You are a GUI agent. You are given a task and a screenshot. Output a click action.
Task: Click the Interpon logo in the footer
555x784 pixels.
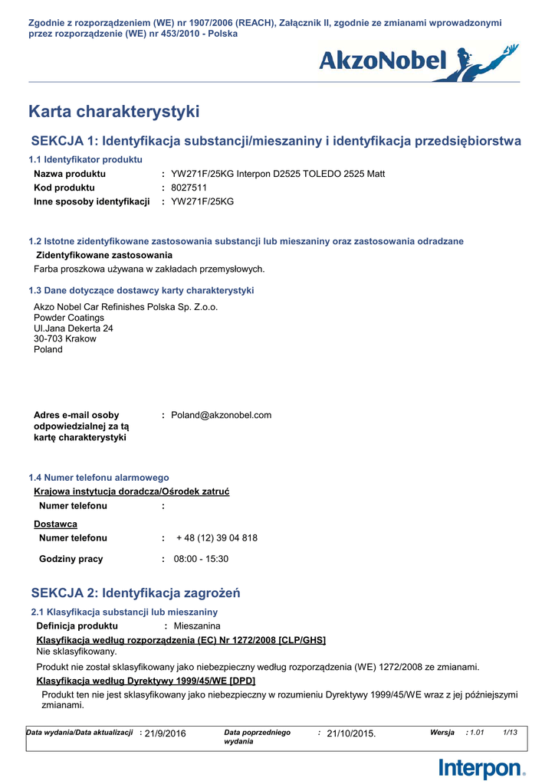click(x=482, y=767)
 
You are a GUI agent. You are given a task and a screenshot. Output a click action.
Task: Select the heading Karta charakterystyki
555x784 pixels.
click(x=113, y=112)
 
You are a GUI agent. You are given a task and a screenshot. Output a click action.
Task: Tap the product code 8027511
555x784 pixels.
click(x=189, y=188)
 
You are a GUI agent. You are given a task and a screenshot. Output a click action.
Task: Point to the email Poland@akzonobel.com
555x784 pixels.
click(x=221, y=416)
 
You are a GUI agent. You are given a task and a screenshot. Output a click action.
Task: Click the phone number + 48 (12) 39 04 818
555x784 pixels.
click(x=217, y=538)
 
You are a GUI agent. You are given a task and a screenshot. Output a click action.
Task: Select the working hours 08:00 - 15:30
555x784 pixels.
click(x=201, y=560)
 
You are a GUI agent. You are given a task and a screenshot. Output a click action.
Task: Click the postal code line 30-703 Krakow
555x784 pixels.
click(x=65, y=339)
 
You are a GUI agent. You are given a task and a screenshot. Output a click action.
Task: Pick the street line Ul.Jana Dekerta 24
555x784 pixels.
click(x=74, y=328)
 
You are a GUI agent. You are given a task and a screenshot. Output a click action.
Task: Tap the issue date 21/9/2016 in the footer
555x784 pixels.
click(x=166, y=733)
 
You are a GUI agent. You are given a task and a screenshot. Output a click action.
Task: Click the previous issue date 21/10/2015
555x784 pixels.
click(x=351, y=733)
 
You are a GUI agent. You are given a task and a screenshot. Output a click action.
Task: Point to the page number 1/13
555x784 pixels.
click(x=510, y=733)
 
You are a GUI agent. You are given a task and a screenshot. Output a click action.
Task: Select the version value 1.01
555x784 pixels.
click(x=477, y=733)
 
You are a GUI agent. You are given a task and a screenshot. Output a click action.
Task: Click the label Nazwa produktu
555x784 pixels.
click(x=70, y=174)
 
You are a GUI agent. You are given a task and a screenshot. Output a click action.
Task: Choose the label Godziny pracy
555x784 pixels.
click(x=71, y=560)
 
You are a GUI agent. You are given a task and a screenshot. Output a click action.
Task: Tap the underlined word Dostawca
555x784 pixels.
click(x=55, y=524)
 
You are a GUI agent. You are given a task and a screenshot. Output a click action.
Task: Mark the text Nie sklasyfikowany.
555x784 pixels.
click(x=77, y=652)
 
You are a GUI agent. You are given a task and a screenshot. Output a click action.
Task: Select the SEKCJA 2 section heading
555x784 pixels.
click(x=136, y=593)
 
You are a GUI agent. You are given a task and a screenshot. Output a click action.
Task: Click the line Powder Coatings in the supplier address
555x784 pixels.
click(x=69, y=318)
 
